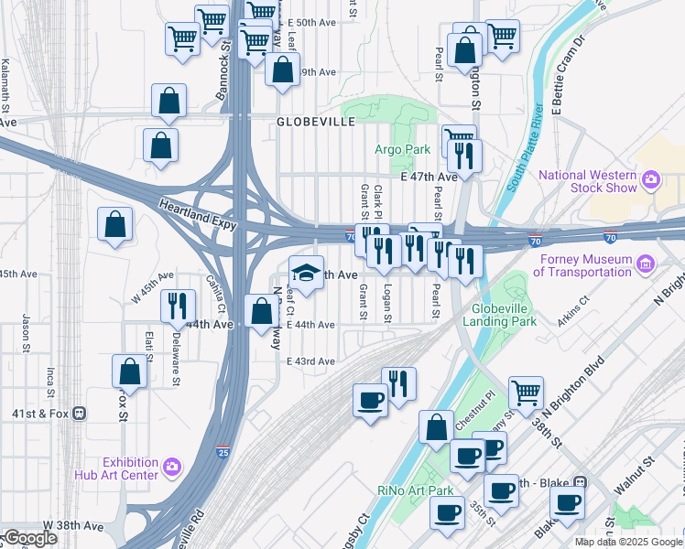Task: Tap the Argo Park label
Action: coord(402,149)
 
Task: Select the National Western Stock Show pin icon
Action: coord(651,177)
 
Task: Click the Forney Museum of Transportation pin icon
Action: coord(647,264)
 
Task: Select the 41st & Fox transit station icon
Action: coord(80,413)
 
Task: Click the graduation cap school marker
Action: coord(307,272)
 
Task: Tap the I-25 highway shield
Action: coord(223,452)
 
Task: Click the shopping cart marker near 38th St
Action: coord(526,393)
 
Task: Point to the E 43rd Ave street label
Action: coord(310,361)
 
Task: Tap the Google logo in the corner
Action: coord(30,538)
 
